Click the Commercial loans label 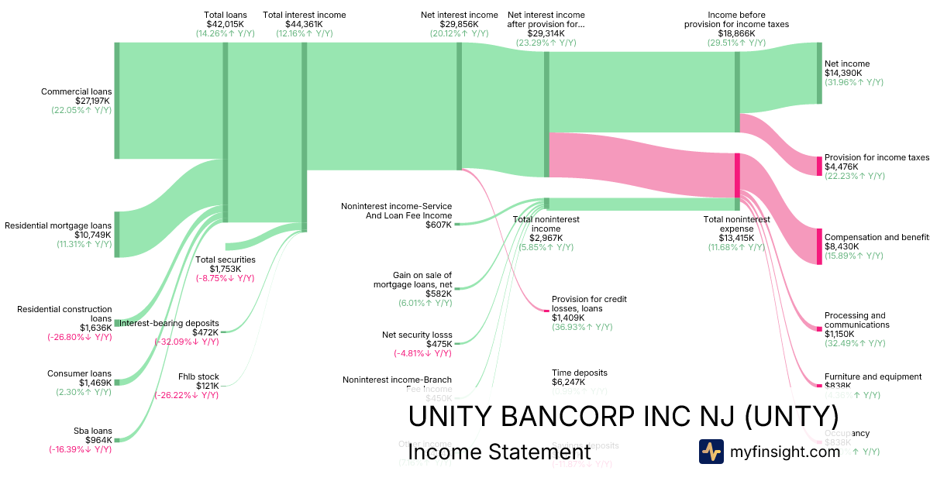coord(76,91)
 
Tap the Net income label coord(847,64)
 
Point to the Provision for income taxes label coord(876,157)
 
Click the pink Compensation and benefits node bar coord(818,246)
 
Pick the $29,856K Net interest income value coord(460,24)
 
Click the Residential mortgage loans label coord(58,225)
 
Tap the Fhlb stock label coord(198,376)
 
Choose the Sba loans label coord(91,431)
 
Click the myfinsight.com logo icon coord(711,452)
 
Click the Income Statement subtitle coord(499,452)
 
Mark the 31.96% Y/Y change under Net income coord(853,82)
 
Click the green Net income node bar coord(818,74)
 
